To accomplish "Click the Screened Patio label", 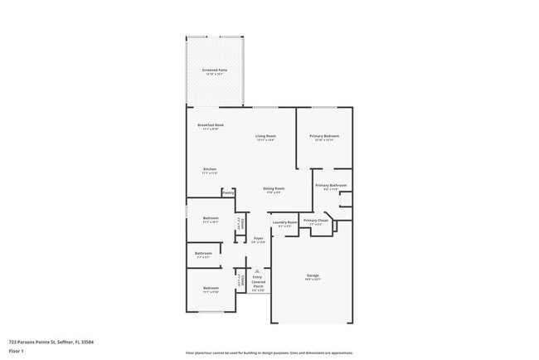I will (x=214, y=71).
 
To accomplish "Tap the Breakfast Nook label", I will (x=211, y=125).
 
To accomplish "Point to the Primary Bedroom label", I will (x=324, y=135).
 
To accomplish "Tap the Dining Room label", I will (x=274, y=188).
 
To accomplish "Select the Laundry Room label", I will (x=285, y=222).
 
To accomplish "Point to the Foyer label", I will (x=258, y=238).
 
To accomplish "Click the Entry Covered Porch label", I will (x=258, y=282).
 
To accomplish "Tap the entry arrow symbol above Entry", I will (x=258, y=270).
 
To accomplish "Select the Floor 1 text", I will (x=16, y=351).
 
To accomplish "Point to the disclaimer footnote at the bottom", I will (x=269, y=353).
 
